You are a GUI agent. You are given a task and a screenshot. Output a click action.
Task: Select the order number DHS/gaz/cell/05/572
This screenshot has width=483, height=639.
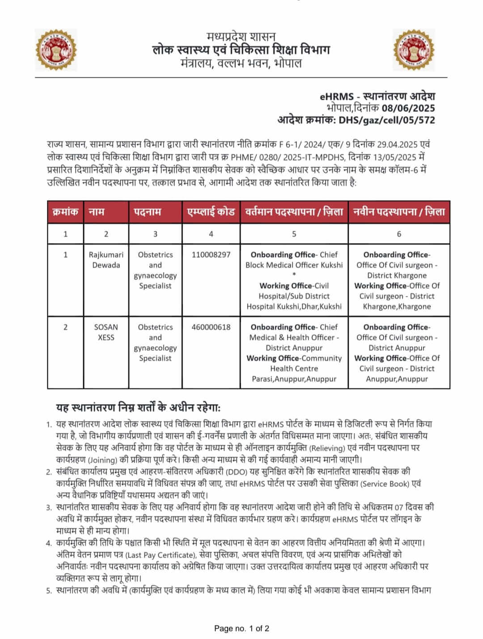pyautogui.click(x=387, y=119)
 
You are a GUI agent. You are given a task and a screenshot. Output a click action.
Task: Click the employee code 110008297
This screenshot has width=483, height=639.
pyautogui.click(x=211, y=255)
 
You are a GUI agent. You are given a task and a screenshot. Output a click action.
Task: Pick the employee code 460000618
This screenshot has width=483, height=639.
pyautogui.click(x=211, y=327)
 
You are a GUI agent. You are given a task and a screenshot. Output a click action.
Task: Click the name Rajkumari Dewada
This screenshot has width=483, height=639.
pyautogui.click(x=106, y=260)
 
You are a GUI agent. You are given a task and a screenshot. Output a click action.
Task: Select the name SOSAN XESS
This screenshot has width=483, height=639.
pyautogui.click(x=106, y=332)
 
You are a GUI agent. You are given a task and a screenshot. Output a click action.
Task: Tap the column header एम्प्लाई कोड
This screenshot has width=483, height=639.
pyautogui.click(x=211, y=212)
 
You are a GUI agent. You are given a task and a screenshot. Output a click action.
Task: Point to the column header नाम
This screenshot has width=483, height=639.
pyautogui.click(x=97, y=212)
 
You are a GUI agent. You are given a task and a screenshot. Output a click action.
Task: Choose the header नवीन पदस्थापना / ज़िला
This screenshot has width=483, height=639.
pyautogui.click(x=399, y=212)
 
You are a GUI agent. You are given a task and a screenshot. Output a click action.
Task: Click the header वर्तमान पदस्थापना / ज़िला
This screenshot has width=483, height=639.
pyautogui.click(x=294, y=212)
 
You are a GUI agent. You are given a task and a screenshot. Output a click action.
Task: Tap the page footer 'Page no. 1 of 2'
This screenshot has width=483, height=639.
pyautogui.click(x=241, y=629)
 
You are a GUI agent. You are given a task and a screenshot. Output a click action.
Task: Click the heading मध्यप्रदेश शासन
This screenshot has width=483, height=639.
pyautogui.click(x=241, y=36)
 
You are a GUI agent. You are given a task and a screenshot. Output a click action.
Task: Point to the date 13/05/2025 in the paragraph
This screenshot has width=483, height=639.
pyautogui.click(x=396, y=158)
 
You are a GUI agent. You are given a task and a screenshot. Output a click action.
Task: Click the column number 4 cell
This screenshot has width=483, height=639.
pyautogui.click(x=211, y=234)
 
